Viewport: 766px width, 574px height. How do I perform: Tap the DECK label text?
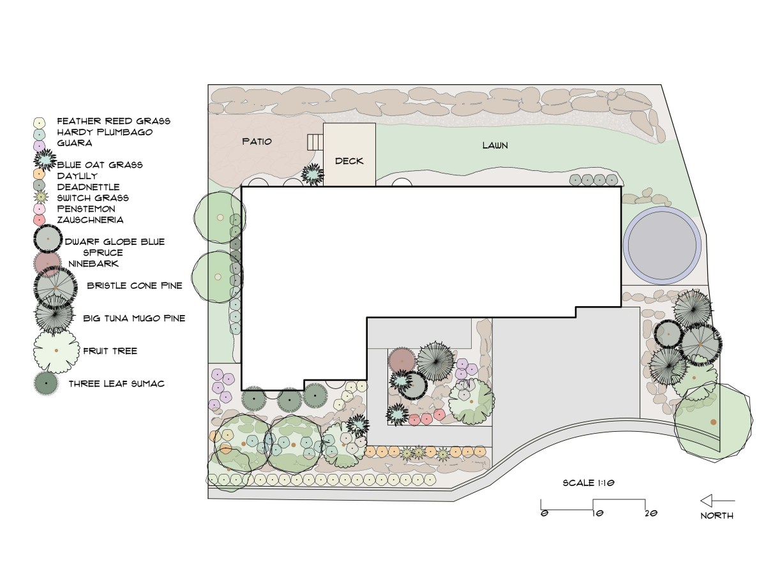[x=349, y=161]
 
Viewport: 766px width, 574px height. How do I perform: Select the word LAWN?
[x=495, y=145]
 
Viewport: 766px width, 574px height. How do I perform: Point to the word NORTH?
[x=717, y=515]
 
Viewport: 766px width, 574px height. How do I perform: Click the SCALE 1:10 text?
[x=588, y=483]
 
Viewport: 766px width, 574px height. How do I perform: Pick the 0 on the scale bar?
[x=543, y=513]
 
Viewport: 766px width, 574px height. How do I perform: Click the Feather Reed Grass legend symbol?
[x=40, y=122]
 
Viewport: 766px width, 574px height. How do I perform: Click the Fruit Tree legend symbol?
[x=56, y=351]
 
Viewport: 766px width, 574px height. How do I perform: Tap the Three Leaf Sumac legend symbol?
[x=46, y=384]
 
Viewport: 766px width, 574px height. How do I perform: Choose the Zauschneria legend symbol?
[x=40, y=219]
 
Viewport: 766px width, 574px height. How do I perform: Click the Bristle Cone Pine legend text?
[x=135, y=286]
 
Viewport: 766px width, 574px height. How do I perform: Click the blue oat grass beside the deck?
[x=312, y=173]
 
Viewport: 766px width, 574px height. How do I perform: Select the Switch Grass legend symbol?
[x=40, y=197]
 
